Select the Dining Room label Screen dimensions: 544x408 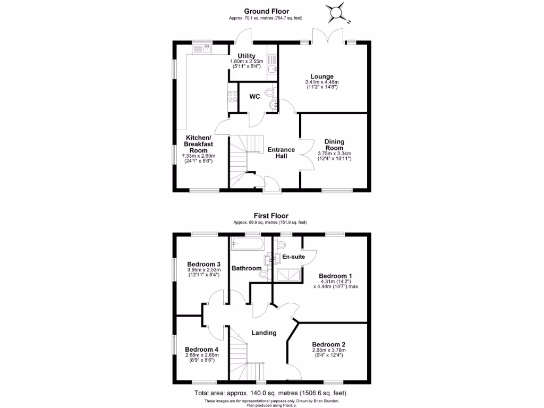[335, 144]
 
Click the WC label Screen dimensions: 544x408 [254, 97]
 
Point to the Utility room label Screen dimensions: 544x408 [246, 56]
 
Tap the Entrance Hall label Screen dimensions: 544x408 [281, 153]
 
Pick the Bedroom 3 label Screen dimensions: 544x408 [203, 264]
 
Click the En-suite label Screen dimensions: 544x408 [294, 257]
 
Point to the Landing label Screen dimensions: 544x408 [264, 333]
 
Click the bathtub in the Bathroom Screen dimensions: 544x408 [247, 244]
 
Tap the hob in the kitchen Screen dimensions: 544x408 [232, 97]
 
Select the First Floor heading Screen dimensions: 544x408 [270, 216]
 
